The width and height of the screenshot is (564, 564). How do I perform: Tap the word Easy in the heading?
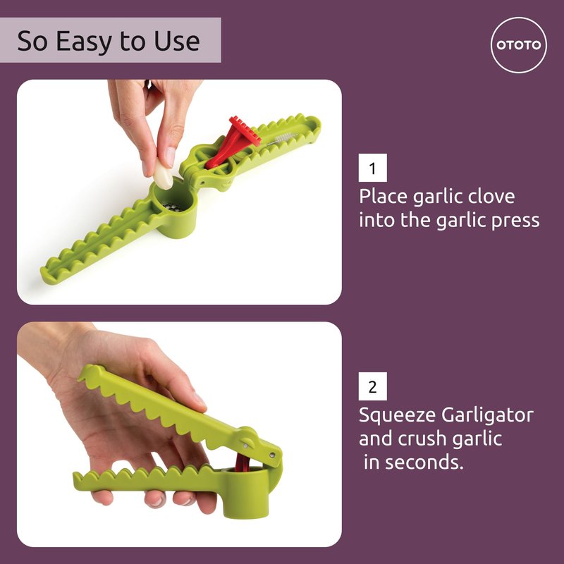click(84, 42)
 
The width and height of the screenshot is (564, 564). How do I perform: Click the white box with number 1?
click(373, 168)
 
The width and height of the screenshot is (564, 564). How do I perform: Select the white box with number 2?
click(373, 386)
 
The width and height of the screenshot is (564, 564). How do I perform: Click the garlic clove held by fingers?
click(164, 174)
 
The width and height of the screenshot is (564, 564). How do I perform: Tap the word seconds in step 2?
click(424, 462)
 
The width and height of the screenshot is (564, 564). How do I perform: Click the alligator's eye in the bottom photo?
click(247, 440)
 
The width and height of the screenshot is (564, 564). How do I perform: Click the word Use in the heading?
click(177, 42)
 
